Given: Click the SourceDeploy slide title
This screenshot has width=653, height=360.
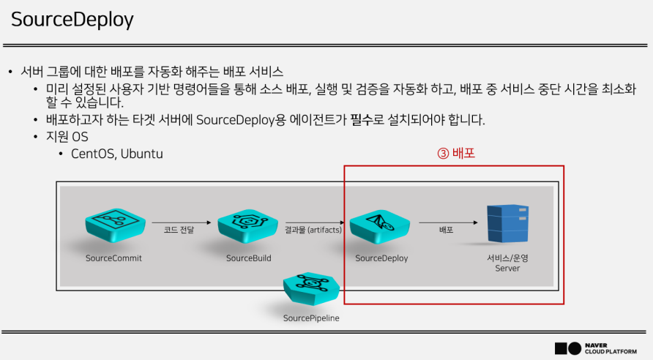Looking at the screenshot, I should coord(72,19).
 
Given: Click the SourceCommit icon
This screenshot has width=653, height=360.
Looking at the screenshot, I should coord(113,225).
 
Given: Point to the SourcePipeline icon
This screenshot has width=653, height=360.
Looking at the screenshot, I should coord(311,290).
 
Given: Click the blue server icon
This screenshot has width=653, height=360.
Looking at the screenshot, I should coord(507,224).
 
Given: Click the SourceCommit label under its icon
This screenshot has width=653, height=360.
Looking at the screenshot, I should coord(113,258).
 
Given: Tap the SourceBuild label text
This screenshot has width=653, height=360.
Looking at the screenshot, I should coord(249,258).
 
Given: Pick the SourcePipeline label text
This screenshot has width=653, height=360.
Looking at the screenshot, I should coord(311,318).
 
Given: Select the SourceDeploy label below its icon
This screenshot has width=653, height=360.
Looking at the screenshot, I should coord(381,258).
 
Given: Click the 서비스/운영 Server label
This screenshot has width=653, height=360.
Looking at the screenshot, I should coord(507,263).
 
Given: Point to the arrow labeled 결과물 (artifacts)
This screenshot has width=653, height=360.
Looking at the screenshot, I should coord(314,221).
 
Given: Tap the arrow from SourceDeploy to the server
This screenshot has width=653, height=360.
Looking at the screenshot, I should coord(446,221).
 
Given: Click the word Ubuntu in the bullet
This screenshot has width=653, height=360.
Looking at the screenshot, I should coord(142,154).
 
